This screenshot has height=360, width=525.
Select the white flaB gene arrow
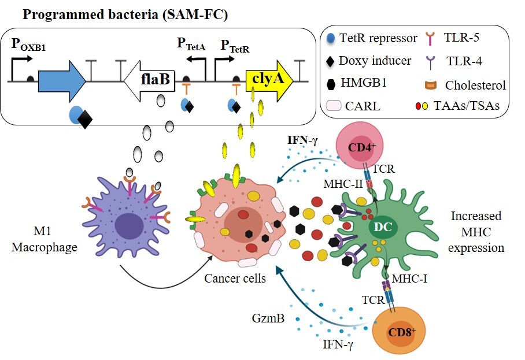pos(149,81)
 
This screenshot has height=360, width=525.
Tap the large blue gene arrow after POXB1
pos(62,81)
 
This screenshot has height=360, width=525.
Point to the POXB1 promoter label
pos(28,44)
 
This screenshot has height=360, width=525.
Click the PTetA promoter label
pos(191,44)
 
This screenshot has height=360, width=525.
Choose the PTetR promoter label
pos(235,46)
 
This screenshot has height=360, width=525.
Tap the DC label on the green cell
pos(383,227)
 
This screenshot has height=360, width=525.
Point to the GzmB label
pos(268,318)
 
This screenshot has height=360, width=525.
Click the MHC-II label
pos(343,184)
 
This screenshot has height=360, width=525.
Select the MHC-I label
pos(409,279)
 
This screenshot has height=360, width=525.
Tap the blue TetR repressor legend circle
pos(331,39)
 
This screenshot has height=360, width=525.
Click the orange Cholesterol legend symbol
pos(431,86)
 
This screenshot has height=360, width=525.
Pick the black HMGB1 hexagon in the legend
pos(331,84)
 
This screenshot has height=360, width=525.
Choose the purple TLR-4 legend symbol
pos(431,62)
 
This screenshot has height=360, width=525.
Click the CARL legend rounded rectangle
pos(334,105)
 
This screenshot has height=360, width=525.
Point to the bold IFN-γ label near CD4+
pos(302,140)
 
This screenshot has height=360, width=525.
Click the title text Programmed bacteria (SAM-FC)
pos(125,14)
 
